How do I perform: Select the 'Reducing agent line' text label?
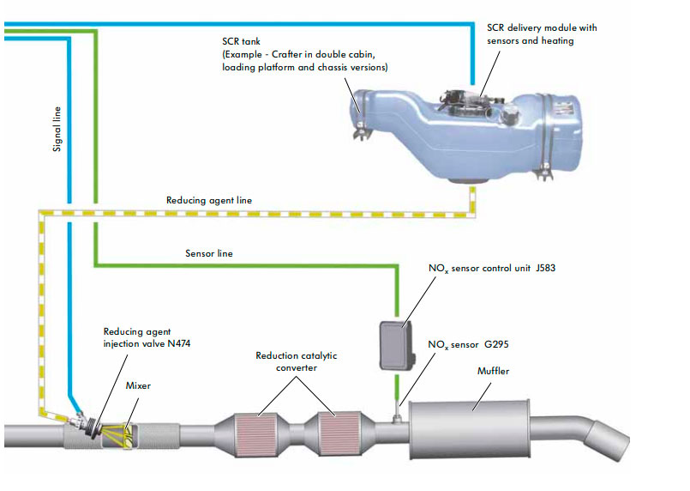coord(209,200)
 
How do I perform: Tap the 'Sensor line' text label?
coord(209,254)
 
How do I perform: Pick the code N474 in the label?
coord(178,343)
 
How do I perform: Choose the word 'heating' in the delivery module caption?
coord(557,40)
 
